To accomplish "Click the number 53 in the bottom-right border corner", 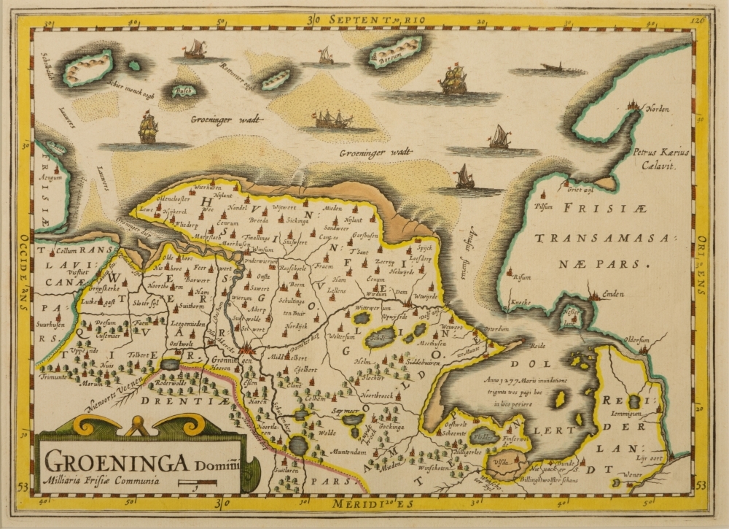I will [701, 485].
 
